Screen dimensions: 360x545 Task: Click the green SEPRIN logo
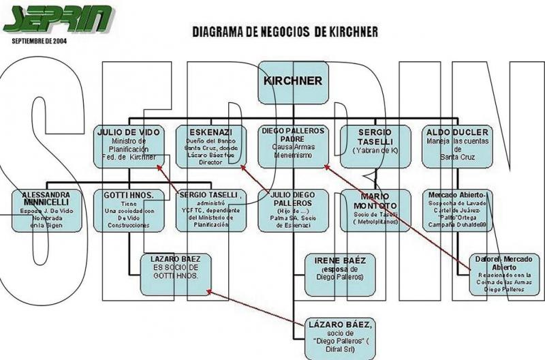(59, 19)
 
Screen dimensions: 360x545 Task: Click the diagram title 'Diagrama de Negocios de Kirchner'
(284, 31)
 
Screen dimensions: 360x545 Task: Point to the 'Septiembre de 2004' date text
(40, 40)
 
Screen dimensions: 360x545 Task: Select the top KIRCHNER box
(293, 82)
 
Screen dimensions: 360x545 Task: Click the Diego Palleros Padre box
(293, 146)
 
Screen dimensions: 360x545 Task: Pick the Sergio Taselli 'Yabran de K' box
(375, 146)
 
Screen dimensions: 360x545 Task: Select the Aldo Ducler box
(457, 146)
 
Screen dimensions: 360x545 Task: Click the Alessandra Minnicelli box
(47, 210)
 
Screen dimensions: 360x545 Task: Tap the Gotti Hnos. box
(129, 210)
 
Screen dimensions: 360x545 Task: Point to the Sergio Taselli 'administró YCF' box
(211, 210)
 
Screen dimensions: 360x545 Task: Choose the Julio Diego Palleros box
(293, 210)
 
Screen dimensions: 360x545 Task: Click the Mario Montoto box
(375, 210)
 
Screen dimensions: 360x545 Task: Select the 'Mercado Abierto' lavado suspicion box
(457, 210)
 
